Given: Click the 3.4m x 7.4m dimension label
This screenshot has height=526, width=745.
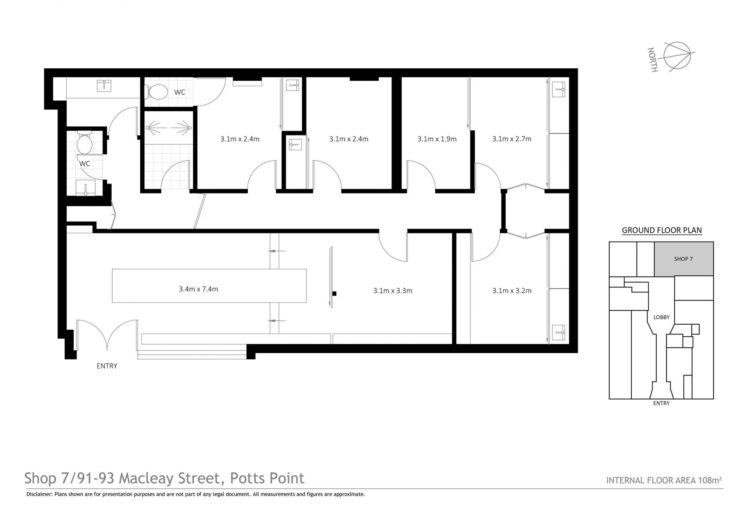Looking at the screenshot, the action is [198, 289].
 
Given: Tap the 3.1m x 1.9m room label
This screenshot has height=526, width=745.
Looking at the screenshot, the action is [437, 139].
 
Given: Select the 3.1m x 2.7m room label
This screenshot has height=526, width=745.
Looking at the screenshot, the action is [512, 139].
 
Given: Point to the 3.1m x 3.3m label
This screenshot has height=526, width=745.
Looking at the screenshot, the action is [393, 291].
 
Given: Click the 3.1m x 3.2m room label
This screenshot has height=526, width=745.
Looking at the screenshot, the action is [512, 291].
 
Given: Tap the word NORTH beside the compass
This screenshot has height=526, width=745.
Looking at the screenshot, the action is [653, 60].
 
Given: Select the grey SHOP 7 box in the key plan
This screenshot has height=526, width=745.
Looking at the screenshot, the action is [684, 259].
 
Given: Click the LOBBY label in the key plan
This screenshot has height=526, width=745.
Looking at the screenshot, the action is [662, 317].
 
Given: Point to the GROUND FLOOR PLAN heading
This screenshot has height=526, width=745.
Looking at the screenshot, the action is [662, 230].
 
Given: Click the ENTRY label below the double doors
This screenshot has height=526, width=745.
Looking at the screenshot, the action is [107, 366].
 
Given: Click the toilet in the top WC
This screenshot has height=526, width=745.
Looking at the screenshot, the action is [156, 92].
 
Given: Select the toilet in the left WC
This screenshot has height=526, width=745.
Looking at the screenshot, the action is [84, 142].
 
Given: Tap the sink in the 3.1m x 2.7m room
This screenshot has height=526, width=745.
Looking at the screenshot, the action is [558, 90].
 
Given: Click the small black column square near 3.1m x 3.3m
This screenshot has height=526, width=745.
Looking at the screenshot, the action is [334, 294].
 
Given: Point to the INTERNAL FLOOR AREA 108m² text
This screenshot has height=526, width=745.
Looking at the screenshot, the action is [664, 480].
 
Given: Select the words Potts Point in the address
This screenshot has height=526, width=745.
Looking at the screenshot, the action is [267, 478].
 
